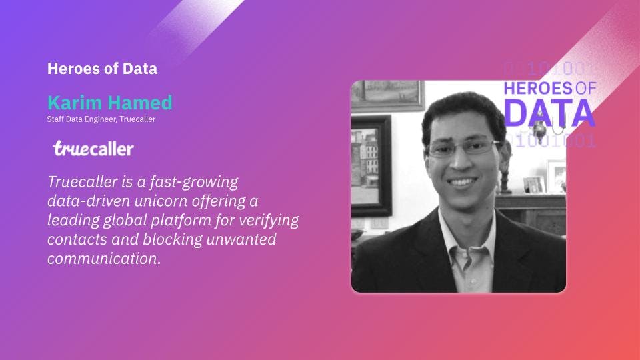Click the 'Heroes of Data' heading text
click(x=102, y=69)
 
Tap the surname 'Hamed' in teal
click(x=139, y=103)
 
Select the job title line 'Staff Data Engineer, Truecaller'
click(x=101, y=119)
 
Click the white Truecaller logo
click(x=93, y=149)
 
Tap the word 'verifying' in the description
click(x=269, y=221)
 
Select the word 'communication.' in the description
click(x=104, y=259)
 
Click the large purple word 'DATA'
click(x=549, y=112)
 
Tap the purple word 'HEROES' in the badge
click(x=538, y=88)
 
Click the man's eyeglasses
click(x=463, y=147)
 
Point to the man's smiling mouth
click(x=461, y=181)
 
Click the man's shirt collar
click(x=467, y=235)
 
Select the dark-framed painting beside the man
click(x=371, y=165)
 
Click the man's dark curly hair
click(x=463, y=112)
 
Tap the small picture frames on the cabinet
click(x=545, y=179)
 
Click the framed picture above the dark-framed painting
click(x=387, y=95)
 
